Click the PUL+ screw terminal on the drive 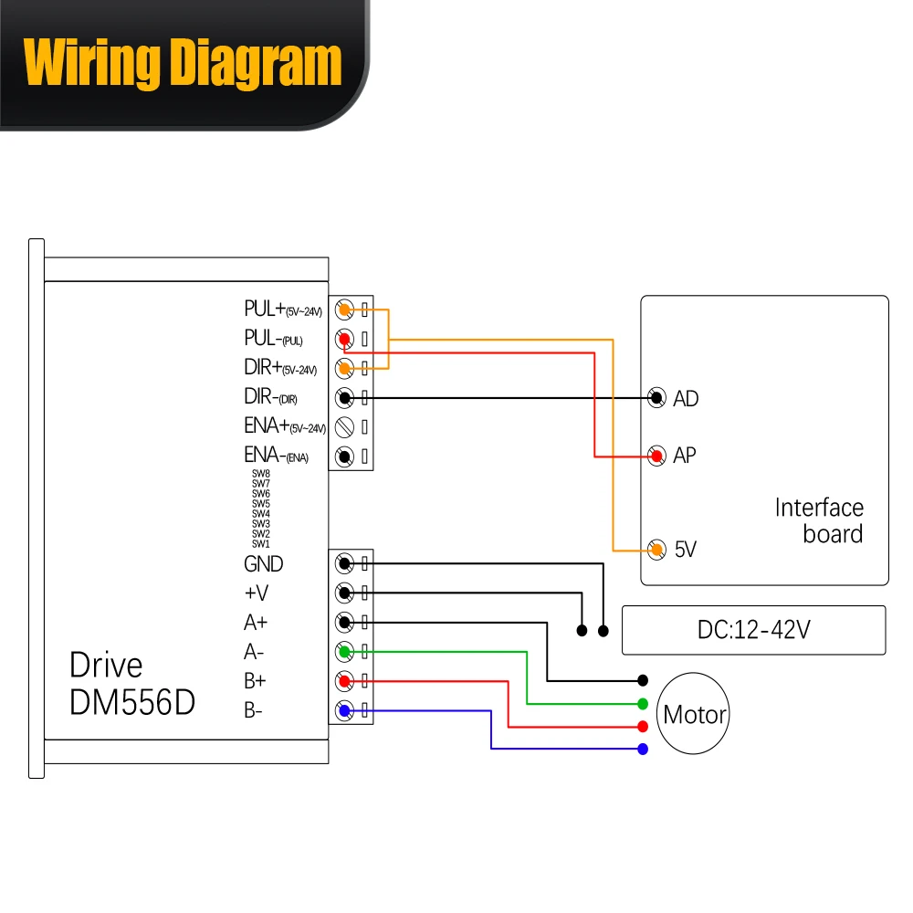click(345, 310)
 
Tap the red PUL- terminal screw click(345, 339)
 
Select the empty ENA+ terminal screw click(345, 426)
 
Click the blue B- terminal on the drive click(345, 710)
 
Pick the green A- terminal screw click(345, 652)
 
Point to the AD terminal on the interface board click(656, 398)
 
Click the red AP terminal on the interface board click(656, 456)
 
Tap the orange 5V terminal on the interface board click(656, 549)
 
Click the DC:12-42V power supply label click(753, 630)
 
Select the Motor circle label click(695, 715)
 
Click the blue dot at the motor click(643, 749)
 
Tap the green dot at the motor click(643, 704)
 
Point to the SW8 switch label click(261, 474)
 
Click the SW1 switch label click(261, 544)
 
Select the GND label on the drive click(264, 563)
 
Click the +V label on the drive click(257, 593)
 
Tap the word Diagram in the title click(256, 63)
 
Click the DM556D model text click(132, 701)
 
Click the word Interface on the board click(819, 508)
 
